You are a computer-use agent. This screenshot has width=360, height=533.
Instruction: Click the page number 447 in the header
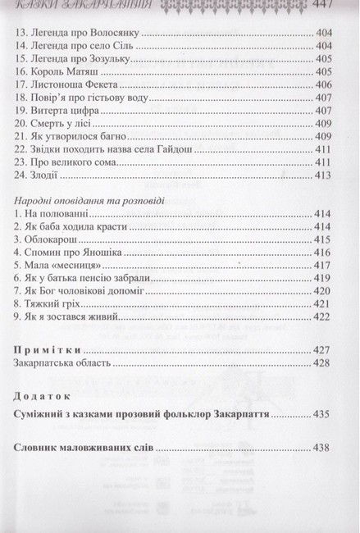coord(336,7)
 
